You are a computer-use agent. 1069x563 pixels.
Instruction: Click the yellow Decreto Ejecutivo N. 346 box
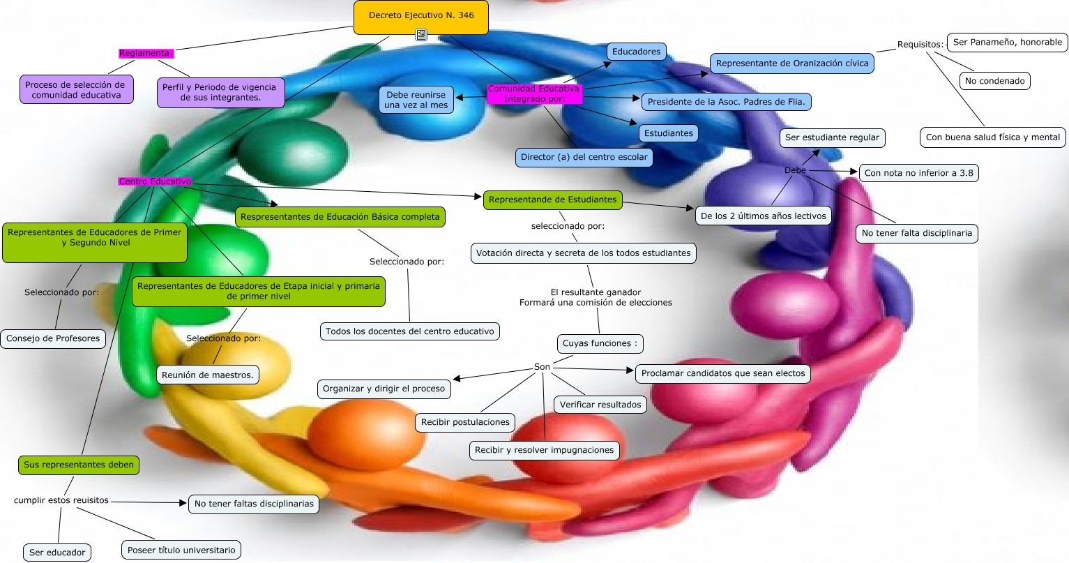pos(420,16)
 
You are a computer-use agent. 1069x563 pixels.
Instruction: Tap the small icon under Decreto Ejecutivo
pos(421,34)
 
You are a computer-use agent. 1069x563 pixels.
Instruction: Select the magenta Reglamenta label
pos(146,53)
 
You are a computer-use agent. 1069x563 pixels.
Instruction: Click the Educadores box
pos(636,52)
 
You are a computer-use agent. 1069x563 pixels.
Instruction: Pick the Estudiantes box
pos(668,133)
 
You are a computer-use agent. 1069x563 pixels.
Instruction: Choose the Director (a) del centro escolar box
pos(584,157)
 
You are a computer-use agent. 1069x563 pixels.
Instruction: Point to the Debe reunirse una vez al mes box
pos(416,100)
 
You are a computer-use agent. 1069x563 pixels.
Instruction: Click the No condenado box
pos(994,81)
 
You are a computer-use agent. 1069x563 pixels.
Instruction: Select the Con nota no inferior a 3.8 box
pos(918,173)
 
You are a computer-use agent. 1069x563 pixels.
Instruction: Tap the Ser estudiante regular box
pos(832,137)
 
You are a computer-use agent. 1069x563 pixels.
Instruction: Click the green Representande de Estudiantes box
pos(552,200)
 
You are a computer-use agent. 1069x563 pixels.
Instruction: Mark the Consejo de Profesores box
pos(53,338)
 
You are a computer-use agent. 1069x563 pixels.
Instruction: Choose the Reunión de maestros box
pos(207,375)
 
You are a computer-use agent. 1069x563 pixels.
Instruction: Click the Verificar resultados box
pos(600,405)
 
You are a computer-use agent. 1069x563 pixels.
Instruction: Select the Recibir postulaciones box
pos(465,422)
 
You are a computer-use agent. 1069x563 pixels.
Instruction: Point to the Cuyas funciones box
pos(599,343)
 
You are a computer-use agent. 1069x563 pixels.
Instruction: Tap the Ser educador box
pos(57,553)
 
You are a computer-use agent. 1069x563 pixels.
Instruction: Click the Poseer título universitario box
pos(181,550)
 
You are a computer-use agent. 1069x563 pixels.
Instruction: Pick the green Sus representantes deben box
pos(78,465)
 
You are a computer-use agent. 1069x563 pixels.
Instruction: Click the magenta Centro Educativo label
pos(155,181)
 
